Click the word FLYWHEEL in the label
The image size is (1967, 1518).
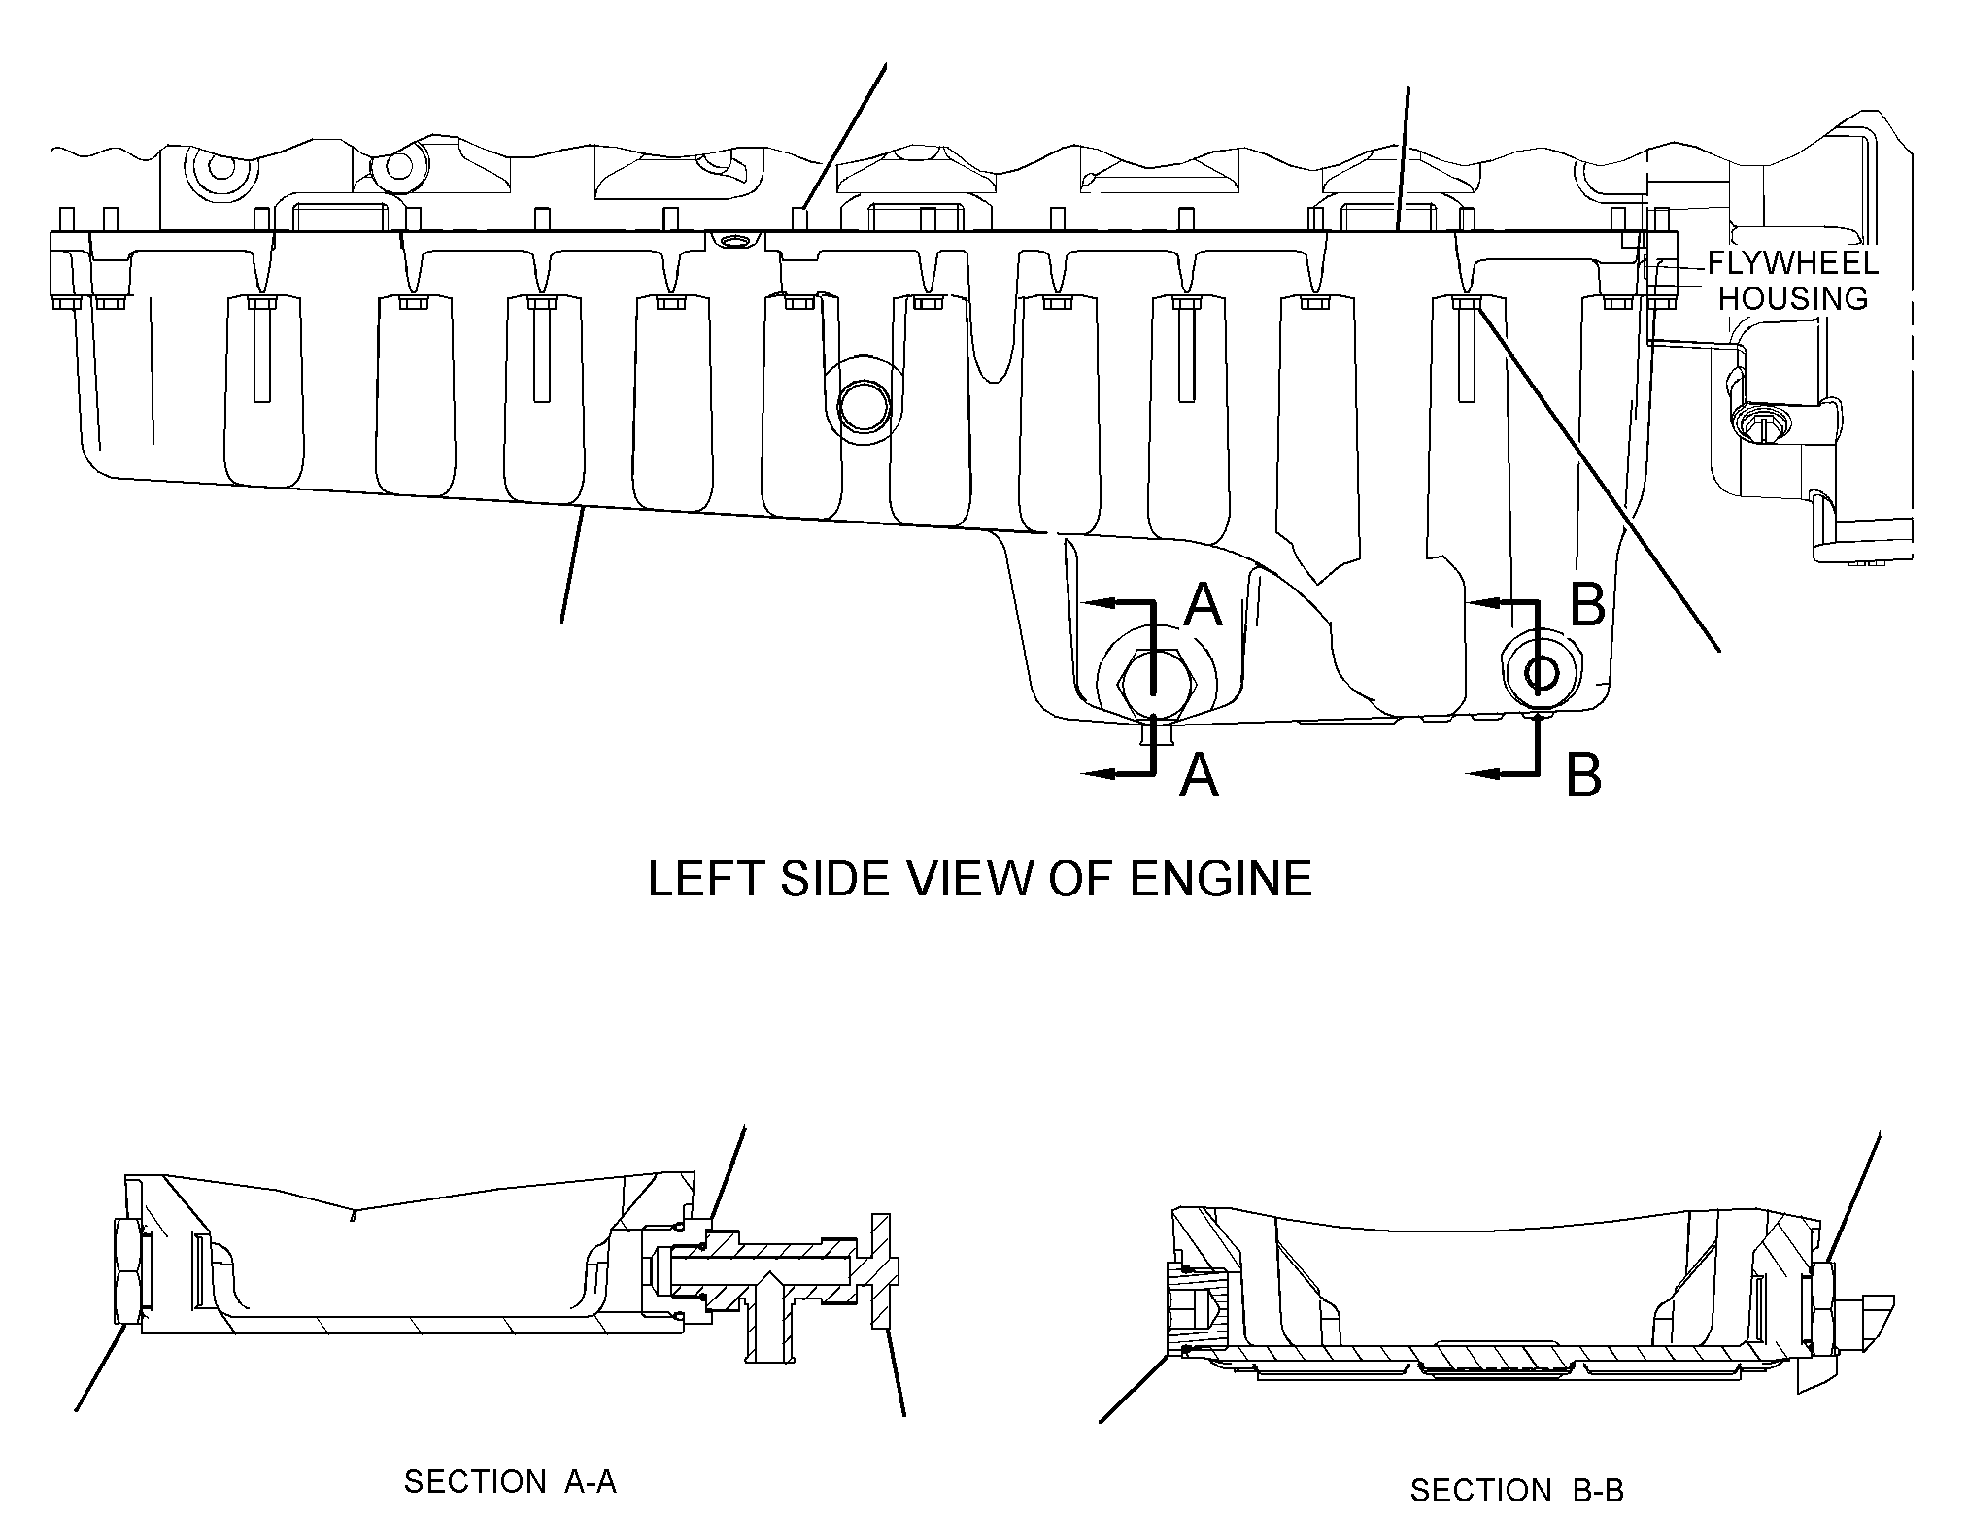click(x=1793, y=263)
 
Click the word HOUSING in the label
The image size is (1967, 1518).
click(x=1793, y=298)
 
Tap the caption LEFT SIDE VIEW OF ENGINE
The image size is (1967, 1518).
click(x=980, y=879)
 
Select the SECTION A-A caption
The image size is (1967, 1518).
click(x=510, y=1482)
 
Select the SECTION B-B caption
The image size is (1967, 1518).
click(x=1517, y=1490)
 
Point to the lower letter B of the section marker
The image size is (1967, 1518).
click(x=1584, y=776)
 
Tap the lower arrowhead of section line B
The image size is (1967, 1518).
click(x=1483, y=774)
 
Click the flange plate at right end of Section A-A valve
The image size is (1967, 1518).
click(x=882, y=1271)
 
